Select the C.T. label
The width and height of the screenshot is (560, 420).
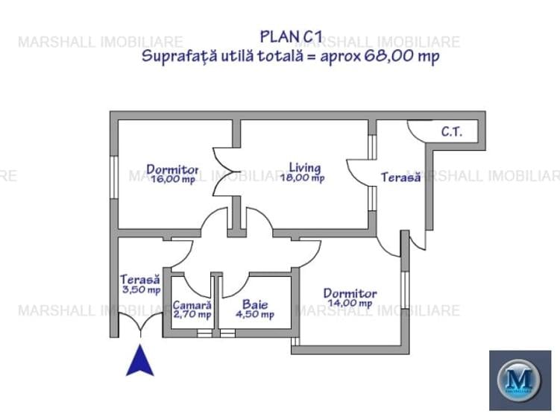[x=451, y=133]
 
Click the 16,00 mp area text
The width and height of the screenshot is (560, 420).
[x=172, y=179]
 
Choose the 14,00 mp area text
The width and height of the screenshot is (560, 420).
[x=350, y=304]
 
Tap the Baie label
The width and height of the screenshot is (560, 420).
[x=254, y=304]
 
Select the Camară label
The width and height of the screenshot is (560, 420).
[x=192, y=304]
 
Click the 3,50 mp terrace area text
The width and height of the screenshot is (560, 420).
[x=141, y=289]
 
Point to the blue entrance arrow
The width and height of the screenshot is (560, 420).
[x=139, y=362]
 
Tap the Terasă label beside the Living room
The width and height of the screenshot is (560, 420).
[x=401, y=178]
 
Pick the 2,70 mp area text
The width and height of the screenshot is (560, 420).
[x=192, y=315]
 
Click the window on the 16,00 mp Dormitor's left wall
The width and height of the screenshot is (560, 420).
[x=113, y=179]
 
